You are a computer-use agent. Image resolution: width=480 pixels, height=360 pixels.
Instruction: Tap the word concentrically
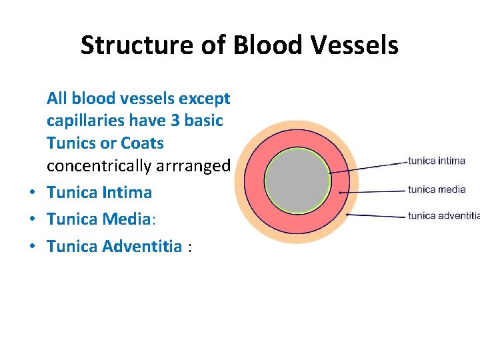(98, 165)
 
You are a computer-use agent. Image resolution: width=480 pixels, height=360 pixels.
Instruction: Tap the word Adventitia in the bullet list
(142, 247)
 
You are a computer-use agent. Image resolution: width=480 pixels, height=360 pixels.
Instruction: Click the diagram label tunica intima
(437, 161)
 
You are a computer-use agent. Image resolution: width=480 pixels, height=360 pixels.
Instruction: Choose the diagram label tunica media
(437, 189)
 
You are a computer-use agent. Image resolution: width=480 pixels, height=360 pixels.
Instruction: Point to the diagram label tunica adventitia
(443, 215)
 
